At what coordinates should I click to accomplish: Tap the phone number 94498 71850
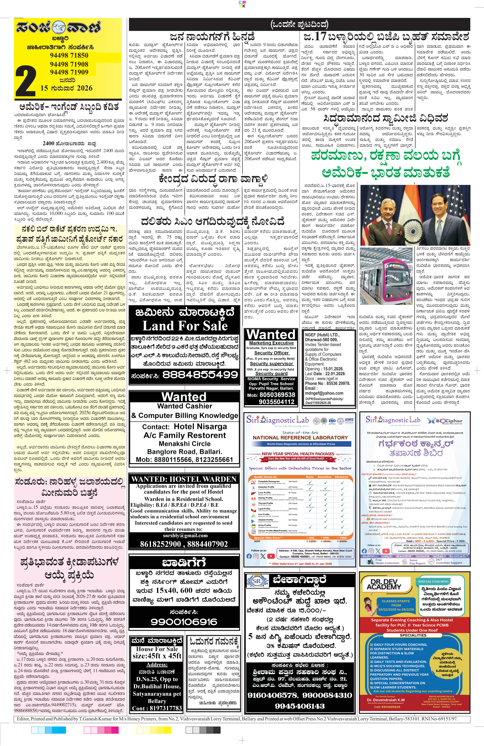coord(69,55)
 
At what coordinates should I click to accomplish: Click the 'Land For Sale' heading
coord(185,326)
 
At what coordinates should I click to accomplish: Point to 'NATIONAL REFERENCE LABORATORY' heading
coord(300,438)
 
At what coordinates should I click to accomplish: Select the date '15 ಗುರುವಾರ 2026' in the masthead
coord(67,88)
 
